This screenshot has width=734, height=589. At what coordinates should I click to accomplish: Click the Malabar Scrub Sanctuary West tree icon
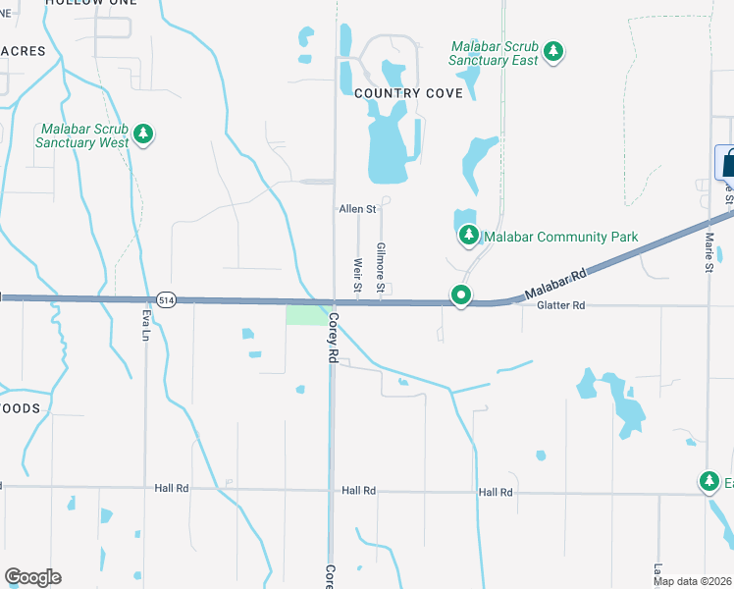(x=144, y=134)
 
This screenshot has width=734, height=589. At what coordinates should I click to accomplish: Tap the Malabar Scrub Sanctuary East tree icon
(x=553, y=52)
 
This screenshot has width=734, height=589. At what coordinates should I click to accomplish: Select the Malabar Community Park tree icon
(x=469, y=236)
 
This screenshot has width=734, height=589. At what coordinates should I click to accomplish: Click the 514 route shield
(x=166, y=299)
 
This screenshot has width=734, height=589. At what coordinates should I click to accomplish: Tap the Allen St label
(x=357, y=209)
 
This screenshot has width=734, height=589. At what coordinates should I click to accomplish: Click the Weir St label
(x=357, y=267)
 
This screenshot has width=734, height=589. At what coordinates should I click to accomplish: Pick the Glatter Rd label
(x=560, y=306)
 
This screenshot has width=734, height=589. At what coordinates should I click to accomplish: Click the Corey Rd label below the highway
(x=334, y=339)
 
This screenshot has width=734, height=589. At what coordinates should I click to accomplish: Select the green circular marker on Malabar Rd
(x=459, y=294)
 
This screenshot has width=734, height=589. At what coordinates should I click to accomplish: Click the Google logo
(x=32, y=577)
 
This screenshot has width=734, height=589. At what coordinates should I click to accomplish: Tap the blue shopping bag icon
(x=727, y=163)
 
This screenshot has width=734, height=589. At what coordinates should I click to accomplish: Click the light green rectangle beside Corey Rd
(x=306, y=315)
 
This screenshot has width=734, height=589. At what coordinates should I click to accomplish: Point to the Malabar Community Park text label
(x=561, y=237)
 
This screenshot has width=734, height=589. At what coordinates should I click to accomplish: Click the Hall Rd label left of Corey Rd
(x=170, y=488)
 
